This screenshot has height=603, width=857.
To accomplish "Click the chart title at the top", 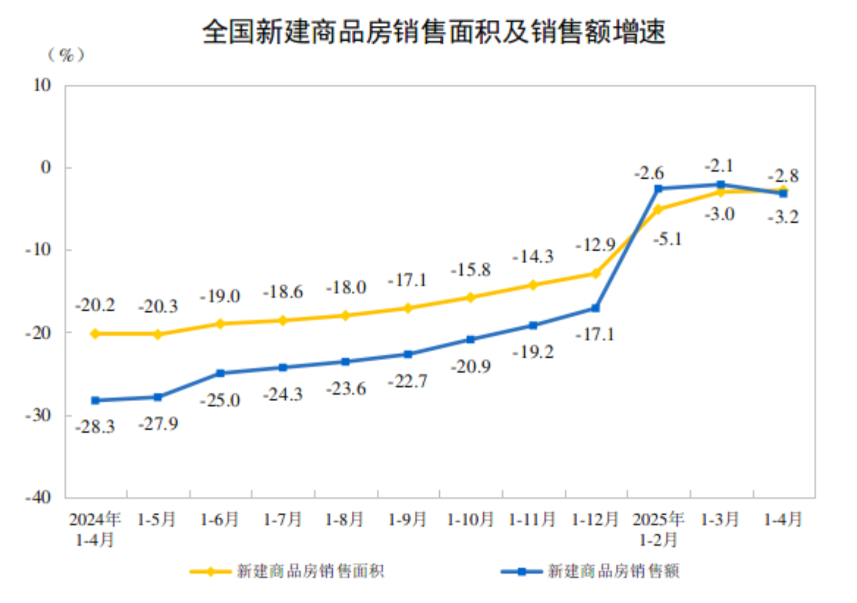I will [433, 31].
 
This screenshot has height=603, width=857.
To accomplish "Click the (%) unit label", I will [66, 55].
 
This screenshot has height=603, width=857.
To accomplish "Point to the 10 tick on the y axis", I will [42, 85].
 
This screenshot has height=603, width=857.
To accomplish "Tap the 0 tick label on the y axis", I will [46, 167].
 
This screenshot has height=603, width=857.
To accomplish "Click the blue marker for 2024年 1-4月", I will [95, 400].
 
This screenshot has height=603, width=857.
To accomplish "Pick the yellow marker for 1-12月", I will [595, 273].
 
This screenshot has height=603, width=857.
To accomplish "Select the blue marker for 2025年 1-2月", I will [658, 188].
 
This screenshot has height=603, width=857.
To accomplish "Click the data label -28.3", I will [95, 426].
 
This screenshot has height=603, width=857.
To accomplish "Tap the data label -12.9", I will [595, 245].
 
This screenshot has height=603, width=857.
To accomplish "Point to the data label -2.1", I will [719, 165].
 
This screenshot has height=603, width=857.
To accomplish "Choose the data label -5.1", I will [667, 239].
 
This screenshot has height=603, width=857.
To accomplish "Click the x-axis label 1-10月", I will [470, 519].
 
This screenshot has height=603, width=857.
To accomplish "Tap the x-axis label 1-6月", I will [220, 519].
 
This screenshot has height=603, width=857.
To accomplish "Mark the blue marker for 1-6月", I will [220, 373].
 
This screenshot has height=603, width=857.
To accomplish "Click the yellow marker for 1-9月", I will [408, 308].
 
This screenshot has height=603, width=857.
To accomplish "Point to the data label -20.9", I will [471, 366].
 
